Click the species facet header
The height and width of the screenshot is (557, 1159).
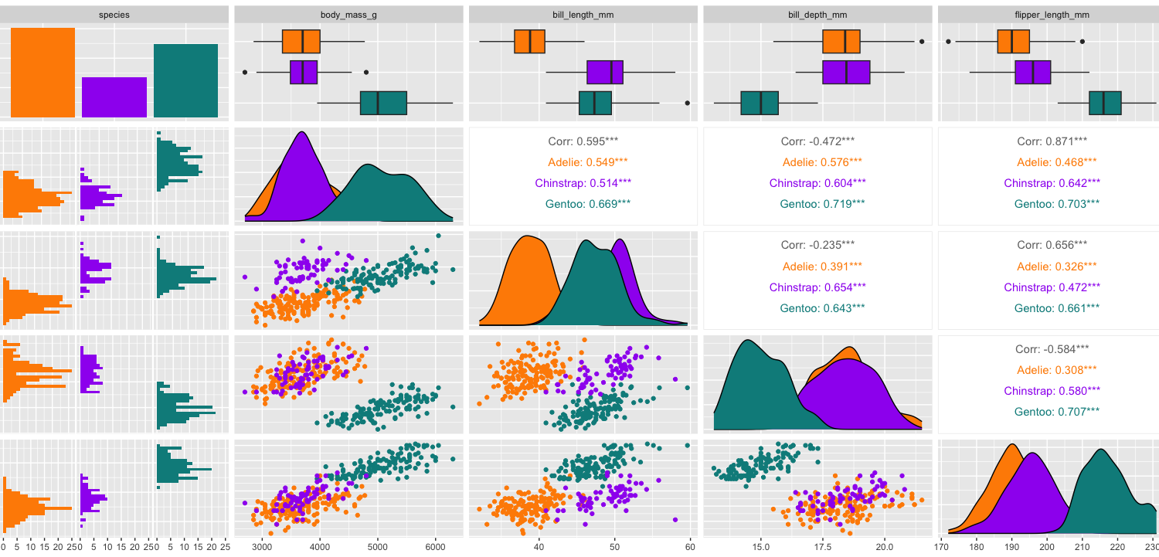[x=114, y=14]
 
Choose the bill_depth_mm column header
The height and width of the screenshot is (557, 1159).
[x=817, y=14]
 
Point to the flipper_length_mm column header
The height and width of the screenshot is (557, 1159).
[x=1049, y=14]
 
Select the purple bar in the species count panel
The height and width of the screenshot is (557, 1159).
[x=114, y=97]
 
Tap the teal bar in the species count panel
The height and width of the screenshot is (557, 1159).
[x=185, y=80]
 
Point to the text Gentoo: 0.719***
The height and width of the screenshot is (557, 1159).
[x=817, y=204]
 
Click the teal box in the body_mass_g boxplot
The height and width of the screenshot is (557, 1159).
[x=383, y=103]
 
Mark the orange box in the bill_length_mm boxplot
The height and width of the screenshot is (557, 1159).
[x=530, y=42]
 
